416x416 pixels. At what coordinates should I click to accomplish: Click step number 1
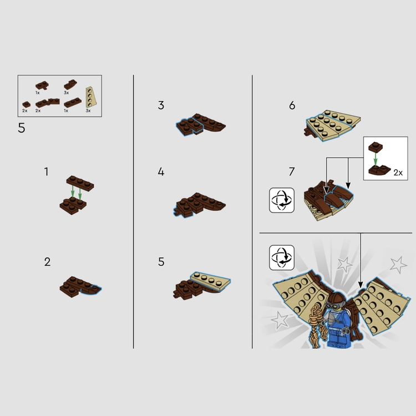[47, 171]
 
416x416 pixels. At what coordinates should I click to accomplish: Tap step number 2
[47, 262]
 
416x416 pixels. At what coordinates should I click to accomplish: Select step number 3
[161, 105]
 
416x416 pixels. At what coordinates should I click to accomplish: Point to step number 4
[161, 171]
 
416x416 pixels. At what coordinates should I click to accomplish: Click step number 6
[292, 105]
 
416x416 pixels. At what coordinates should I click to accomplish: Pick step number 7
[292, 171]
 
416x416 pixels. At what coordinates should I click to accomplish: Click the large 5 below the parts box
[22, 128]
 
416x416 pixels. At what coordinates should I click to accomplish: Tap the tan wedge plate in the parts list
[91, 97]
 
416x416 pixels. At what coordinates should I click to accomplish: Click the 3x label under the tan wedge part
[88, 110]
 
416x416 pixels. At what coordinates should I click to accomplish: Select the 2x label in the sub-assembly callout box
[398, 173]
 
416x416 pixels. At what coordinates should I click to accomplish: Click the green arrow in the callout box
[376, 159]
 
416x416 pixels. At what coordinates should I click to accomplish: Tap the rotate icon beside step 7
[282, 200]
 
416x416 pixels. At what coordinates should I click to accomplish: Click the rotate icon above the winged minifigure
[282, 257]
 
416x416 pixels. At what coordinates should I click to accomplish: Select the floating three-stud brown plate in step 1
[80, 183]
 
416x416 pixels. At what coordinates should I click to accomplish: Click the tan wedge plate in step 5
[211, 281]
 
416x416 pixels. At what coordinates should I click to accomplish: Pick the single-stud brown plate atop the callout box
[376, 147]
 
